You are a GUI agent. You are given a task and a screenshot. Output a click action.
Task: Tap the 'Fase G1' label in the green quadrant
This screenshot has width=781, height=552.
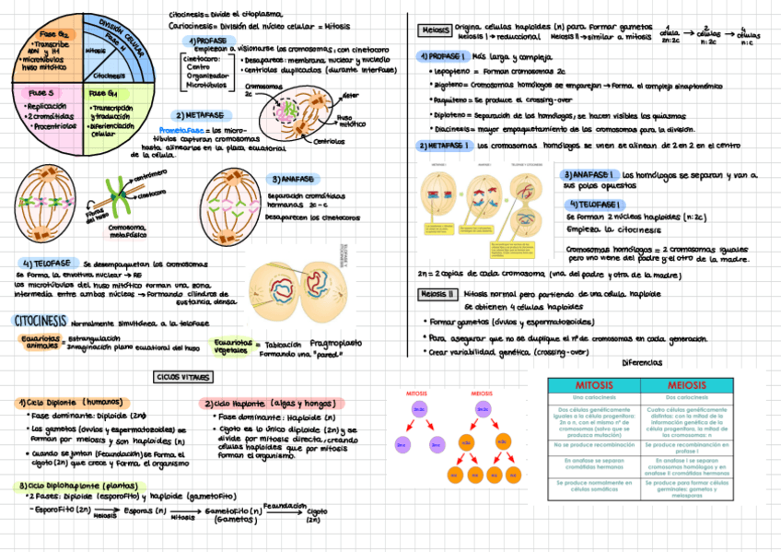point(104,93)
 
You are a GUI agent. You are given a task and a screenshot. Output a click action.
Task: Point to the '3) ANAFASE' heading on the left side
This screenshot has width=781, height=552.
point(294,178)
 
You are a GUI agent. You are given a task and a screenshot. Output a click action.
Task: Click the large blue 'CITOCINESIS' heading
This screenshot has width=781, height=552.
point(39,321)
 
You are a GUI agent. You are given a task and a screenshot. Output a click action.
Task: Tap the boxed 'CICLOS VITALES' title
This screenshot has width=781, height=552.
point(182,377)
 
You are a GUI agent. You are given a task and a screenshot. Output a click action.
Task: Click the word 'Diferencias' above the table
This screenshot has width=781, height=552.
point(642,362)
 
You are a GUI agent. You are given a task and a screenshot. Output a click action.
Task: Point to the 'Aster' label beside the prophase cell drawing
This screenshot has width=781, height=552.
point(351,95)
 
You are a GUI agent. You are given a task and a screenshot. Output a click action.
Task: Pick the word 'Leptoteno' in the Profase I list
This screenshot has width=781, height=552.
point(450,70)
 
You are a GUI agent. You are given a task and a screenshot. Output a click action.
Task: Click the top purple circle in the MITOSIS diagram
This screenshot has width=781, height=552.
point(418,407)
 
